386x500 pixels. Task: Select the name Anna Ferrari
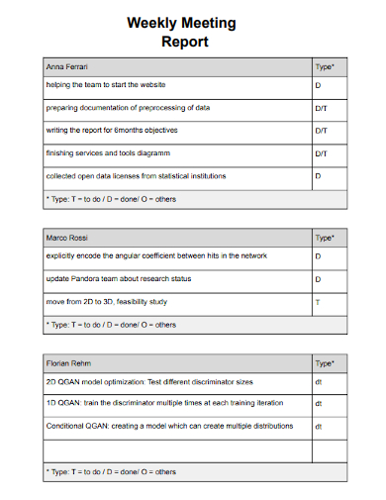pos(67,67)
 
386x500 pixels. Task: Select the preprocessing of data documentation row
pos(128,108)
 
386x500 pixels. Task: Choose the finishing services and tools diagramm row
pos(117,152)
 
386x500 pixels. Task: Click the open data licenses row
pos(136,175)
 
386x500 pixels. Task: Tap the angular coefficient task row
pos(155,255)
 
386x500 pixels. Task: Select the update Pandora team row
pos(119,279)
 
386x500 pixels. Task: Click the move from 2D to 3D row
pos(107,302)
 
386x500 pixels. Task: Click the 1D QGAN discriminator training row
pos(164,403)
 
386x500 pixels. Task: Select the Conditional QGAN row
pos(169,426)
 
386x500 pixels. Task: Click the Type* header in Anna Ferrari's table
pos(324,67)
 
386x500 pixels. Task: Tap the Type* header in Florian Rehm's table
pos(324,364)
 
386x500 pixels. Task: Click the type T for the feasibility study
pos(318,302)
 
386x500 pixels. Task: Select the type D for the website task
pos(318,86)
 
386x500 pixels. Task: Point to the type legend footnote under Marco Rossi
pos(111,324)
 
